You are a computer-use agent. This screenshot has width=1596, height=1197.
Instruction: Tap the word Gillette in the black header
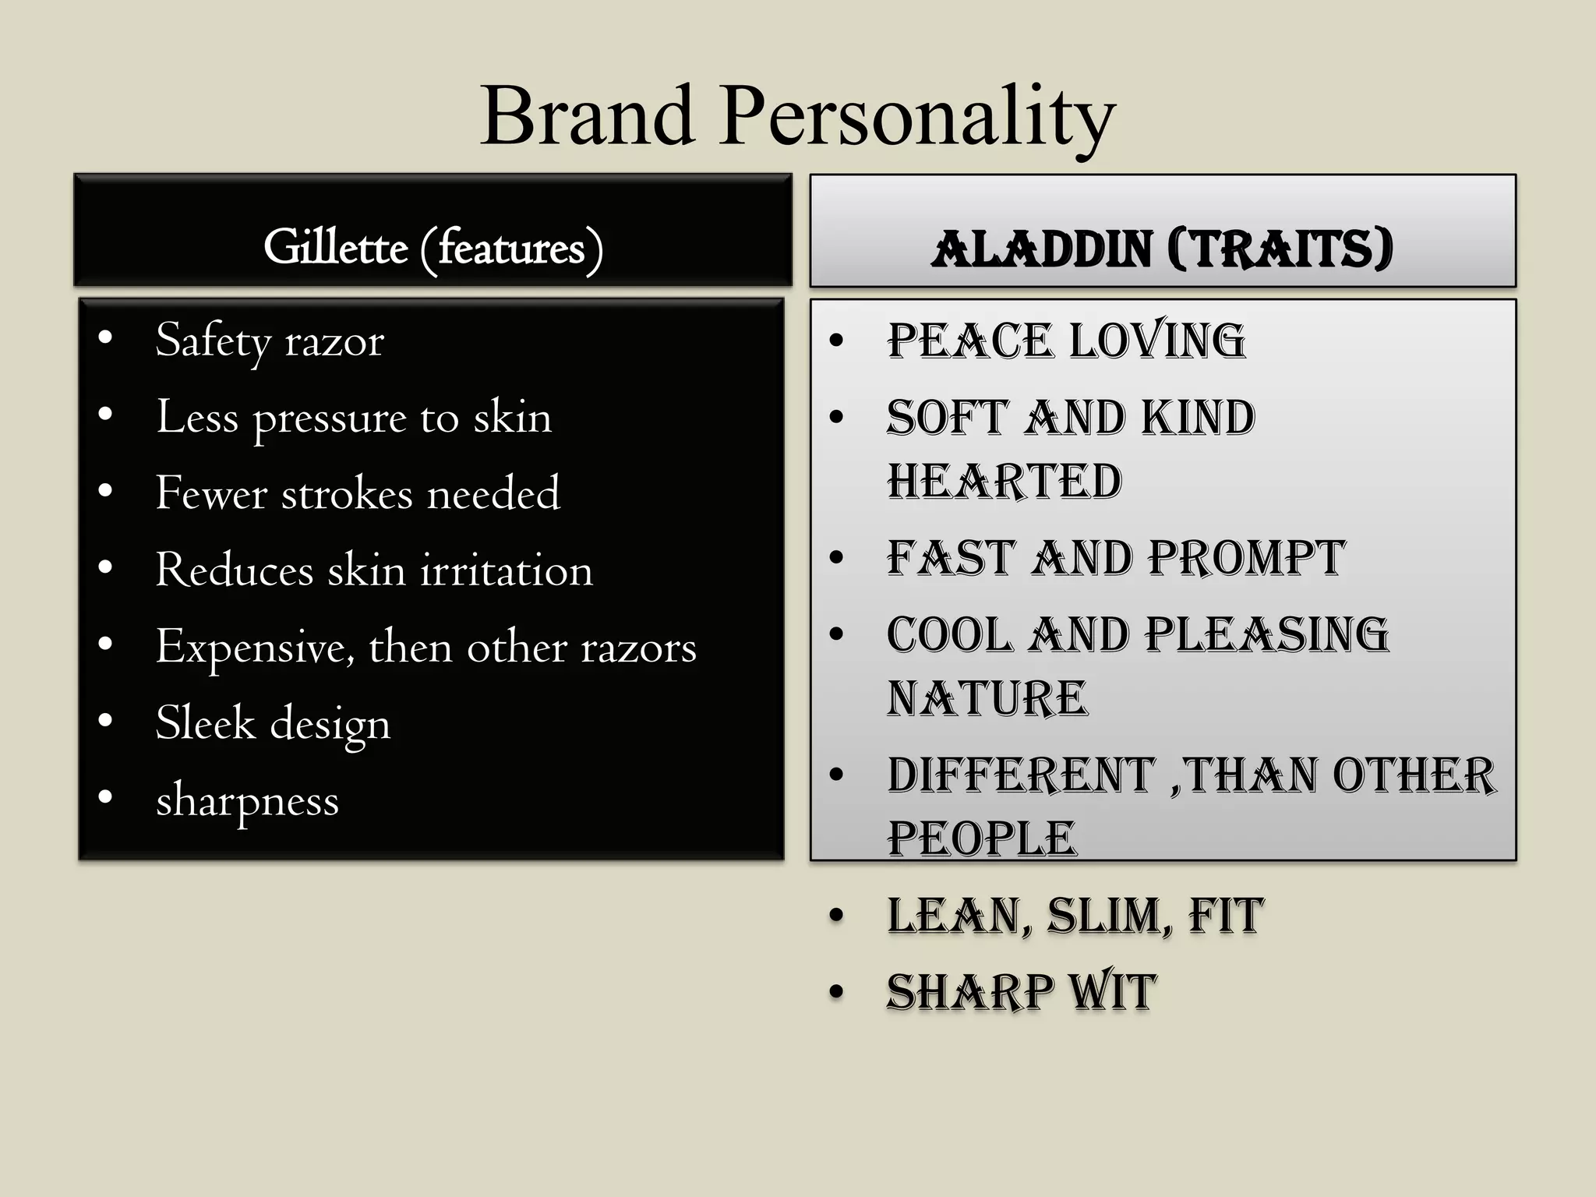pyautogui.click(x=336, y=248)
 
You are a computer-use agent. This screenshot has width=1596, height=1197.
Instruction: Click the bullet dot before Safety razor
pyautogui.click(x=105, y=338)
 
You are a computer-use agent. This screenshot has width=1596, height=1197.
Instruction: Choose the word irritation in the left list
pyautogui.click(x=507, y=570)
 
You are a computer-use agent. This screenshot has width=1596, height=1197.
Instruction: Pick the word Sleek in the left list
pyautogui.click(x=205, y=722)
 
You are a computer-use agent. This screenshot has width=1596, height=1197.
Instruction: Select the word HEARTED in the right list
pyautogui.click(x=1005, y=482)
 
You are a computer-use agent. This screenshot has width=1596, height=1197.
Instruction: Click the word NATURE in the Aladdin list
pyautogui.click(x=987, y=698)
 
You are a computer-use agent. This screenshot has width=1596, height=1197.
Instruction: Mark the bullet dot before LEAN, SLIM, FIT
pyautogui.click(x=837, y=916)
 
